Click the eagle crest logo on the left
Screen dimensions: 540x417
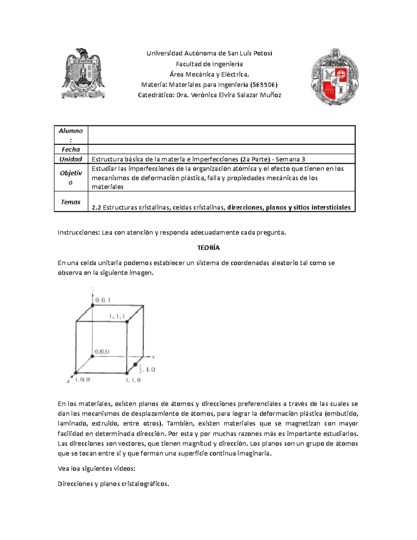(x=83, y=73)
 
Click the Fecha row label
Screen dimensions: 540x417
(x=71, y=150)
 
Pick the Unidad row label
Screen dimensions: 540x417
(x=71, y=159)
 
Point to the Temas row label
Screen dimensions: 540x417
(x=71, y=202)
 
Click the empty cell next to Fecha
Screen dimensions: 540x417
(x=221, y=150)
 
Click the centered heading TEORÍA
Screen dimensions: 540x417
(x=208, y=248)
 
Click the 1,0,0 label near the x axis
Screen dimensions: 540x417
(x=82, y=379)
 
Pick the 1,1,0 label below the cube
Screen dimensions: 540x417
(x=133, y=380)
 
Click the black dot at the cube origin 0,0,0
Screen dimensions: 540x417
(x=92, y=356)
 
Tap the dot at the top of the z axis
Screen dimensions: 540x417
(x=92, y=305)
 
